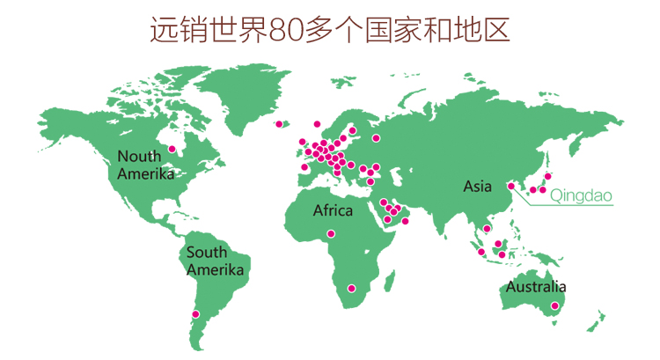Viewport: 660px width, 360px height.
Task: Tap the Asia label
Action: tap(478, 187)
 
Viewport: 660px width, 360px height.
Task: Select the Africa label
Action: tap(333, 211)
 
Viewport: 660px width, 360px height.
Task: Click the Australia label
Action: tap(535, 287)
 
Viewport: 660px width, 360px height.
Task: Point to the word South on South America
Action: tap(206, 253)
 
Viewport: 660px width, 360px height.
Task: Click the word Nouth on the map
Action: tap(140, 157)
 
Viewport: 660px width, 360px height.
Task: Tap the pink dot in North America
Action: tap(172, 149)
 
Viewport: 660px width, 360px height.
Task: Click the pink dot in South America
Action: tap(195, 314)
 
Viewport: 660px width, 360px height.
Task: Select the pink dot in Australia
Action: tap(554, 306)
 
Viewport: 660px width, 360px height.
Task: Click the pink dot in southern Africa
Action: tap(352, 288)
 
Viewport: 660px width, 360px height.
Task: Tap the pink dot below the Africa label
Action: tap(331, 233)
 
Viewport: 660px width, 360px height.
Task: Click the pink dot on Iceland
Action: tap(284, 124)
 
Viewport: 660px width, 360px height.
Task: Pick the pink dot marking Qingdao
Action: tap(511, 186)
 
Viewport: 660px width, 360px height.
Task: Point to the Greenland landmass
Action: tap(246, 92)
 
